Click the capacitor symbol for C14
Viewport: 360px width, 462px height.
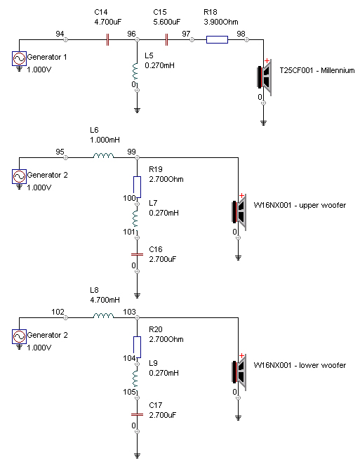tap(107, 39)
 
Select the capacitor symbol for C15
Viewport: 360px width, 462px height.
tap(166, 39)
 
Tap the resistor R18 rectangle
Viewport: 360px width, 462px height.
tap(217, 40)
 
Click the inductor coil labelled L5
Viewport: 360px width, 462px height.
tap(135, 71)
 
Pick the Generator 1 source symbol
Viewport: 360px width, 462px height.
tap(19, 58)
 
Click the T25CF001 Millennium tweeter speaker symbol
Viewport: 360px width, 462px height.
tap(265, 77)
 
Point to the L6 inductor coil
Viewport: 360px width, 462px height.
tap(103, 155)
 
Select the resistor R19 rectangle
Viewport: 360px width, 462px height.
tap(137, 187)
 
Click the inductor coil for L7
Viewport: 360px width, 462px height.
tap(135, 218)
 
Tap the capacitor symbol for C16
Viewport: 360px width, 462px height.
tap(137, 254)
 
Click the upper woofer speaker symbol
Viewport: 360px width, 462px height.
tap(239, 212)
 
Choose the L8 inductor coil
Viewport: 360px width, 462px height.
tap(103, 315)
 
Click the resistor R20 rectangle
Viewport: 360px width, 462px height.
tap(137, 348)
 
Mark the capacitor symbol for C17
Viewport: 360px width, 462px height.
tap(137, 414)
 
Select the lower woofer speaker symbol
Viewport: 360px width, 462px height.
tap(239, 372)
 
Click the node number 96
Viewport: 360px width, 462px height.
tap(131, 34)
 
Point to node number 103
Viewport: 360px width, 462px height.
tap(129, 312)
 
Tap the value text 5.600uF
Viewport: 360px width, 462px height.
tap(167, 22)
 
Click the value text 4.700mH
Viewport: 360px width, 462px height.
tap(105, 300)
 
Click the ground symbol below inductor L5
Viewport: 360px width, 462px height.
tap(137, 110)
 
